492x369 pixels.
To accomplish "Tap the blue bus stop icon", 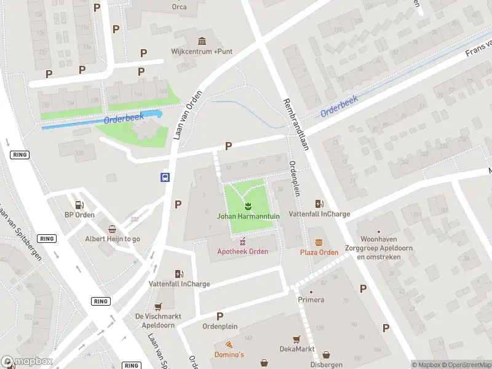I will [x=165, y=177].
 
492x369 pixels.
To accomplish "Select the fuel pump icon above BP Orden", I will [x=79, y=205].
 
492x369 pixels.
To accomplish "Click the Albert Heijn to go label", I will [x=112, y=239].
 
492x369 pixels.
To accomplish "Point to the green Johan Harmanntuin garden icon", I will [x=248, y=205].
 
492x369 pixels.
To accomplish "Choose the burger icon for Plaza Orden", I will [x=319, y=242].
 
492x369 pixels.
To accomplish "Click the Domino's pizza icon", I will [x=229, y=345].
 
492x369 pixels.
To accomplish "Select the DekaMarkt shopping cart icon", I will [x=296, y=339].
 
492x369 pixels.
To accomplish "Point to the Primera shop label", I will [x=311, y=300].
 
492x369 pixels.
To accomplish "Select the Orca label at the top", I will [x=180, y=7].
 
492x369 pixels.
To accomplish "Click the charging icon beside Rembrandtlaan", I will [x=319, y=204].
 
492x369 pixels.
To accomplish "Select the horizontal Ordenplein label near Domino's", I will [x=220, y=327].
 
